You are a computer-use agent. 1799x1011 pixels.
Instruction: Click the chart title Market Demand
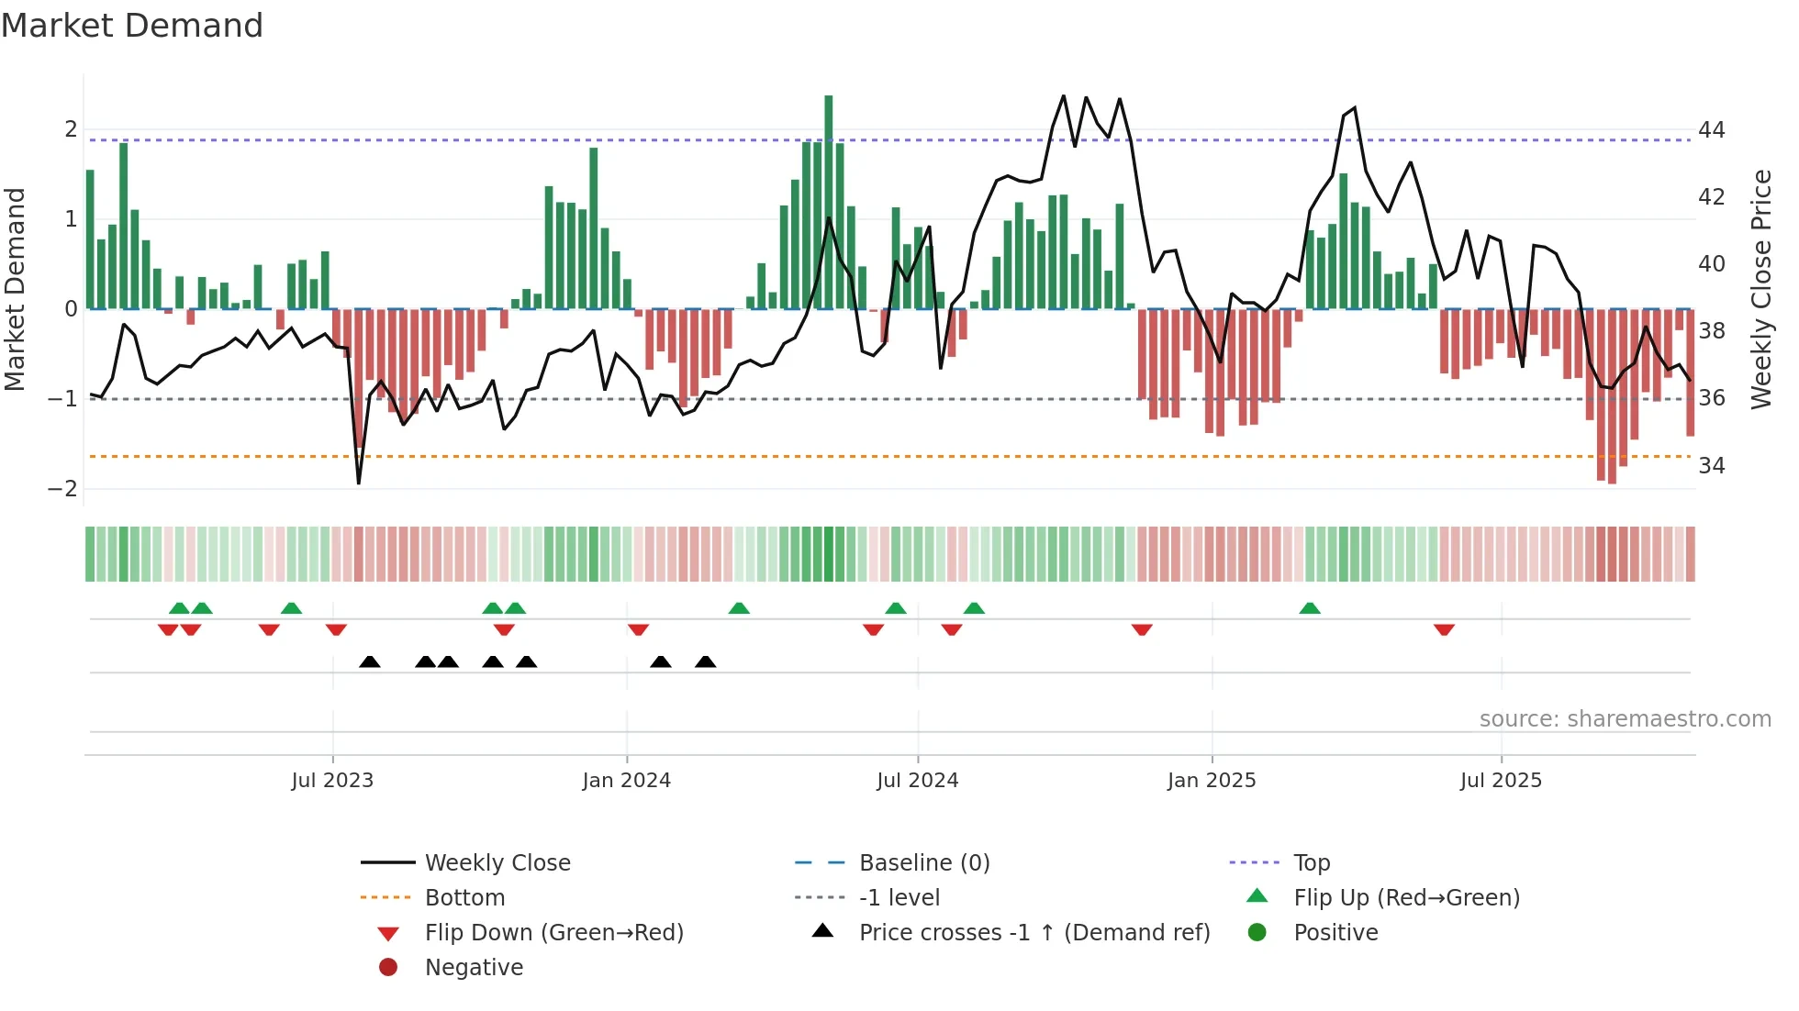click(132, 26)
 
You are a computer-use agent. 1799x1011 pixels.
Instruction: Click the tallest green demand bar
click(828, 202)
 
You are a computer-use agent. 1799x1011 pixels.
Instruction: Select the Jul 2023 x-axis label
click(332, 781)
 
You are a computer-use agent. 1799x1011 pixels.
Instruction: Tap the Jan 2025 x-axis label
click(1212, 781)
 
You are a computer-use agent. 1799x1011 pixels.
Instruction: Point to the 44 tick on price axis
click(1712, 130)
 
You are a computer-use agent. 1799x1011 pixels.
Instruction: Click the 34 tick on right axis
click(1712, 466)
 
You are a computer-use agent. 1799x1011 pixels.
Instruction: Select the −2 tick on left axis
click(62, 489)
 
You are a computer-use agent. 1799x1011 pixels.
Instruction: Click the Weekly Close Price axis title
click(1760, 289)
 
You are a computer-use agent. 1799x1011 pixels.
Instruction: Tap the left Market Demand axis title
click(15, 289)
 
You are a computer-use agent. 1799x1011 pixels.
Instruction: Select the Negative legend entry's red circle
click(388, 968)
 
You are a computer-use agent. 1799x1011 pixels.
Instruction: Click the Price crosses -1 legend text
click(1034, 933)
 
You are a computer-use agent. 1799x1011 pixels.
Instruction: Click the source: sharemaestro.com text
click(1625, 719)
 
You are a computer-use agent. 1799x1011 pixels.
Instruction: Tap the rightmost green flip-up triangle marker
click(1310, 608)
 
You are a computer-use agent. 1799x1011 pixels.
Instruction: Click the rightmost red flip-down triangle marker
click(1444, 629)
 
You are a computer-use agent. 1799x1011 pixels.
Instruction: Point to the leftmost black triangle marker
click(370, 661)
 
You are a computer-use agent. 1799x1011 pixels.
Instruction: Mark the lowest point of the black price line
click(358, 483)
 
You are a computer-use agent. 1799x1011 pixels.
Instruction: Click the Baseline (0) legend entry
click(924, 863)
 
